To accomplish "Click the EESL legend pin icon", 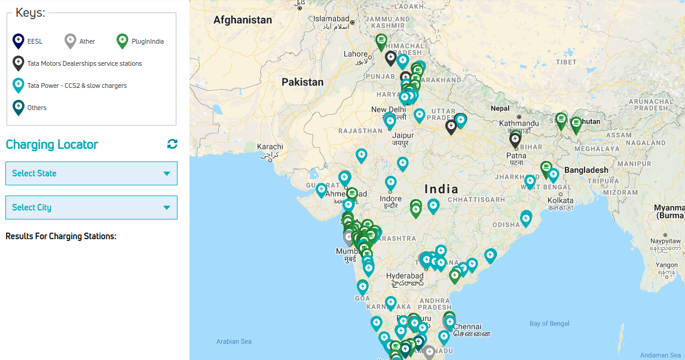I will [19, 41].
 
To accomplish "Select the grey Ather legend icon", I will [71, 41].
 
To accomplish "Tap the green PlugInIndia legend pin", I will [123, 41].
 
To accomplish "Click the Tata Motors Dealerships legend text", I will [84, 63].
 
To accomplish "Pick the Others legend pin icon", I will [19, 107].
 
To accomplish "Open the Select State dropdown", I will [91, 173].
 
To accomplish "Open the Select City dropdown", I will [91, 208].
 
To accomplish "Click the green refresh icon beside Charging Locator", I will [172, 144].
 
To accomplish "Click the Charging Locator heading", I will [52, 145].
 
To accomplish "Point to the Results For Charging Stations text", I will [60, 236].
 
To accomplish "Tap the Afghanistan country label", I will [243, 20].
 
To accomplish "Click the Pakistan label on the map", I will [302, 82].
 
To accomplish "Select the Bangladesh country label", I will [586, 170].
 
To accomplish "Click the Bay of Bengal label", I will [549, 324].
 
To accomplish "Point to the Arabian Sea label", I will [234, 341].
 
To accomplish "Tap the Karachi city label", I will [270, 147].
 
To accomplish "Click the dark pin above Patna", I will [515, 139].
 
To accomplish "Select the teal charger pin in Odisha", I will [526, 218].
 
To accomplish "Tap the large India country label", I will [441, 189].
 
